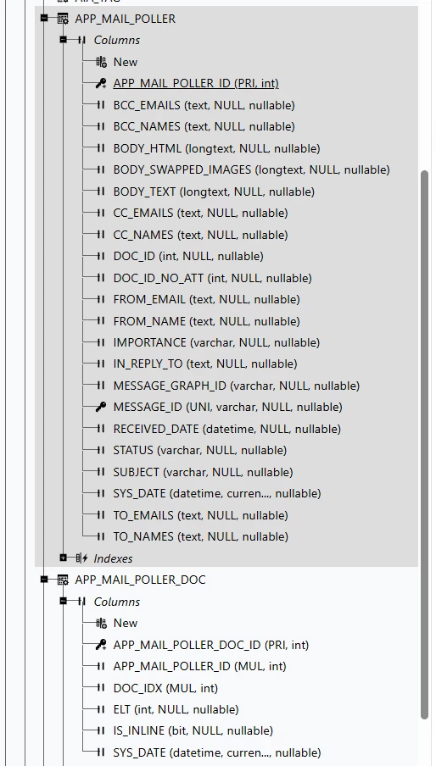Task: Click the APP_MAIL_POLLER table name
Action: (126, 19)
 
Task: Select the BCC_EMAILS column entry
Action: (204, 105)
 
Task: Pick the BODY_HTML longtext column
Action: (216, 148)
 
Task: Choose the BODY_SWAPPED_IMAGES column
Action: (251, 169)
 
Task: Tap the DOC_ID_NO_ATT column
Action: (212, 278)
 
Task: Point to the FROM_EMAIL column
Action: (206, 299)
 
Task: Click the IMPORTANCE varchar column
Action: (216, 342)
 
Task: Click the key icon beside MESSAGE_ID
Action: (101, 407)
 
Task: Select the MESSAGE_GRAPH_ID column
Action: (236, 386)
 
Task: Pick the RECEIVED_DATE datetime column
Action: (226, 429)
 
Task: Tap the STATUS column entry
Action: (200, 450)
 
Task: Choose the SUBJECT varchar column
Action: (203, 472)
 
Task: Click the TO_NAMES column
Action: (200, 536)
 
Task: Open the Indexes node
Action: (113, 558)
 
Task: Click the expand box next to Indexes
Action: (63, 558)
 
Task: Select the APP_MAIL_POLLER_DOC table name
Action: (140, 580)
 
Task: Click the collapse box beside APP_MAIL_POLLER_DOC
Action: (44, 580)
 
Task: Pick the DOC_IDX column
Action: (165, 688)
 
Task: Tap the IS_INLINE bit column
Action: (193, 730)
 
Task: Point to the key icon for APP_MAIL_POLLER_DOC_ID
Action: (101, 645)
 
